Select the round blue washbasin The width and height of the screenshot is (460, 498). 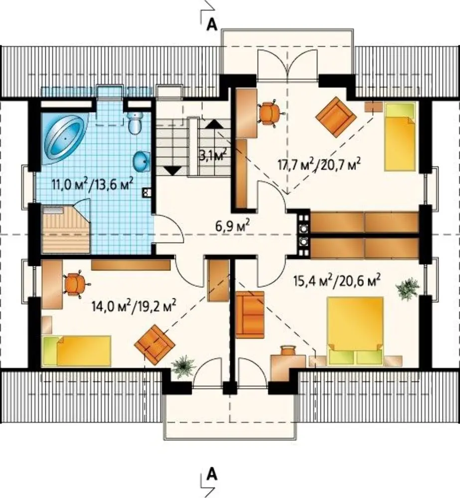coord(142,161)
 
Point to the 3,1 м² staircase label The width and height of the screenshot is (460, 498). coord(213,155)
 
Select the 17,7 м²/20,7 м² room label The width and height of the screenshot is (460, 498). coord(319,164)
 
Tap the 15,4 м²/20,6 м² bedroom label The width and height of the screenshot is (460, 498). coord(336,281)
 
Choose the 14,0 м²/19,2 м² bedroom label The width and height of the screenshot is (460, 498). coord(134,306)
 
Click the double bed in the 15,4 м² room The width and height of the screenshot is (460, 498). coord(355,331)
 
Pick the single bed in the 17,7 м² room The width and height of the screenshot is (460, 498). coord(400,136)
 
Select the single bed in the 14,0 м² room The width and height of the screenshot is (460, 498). coord(76,351)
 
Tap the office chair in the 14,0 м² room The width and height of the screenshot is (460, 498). coord(76,283)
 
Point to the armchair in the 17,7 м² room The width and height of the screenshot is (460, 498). coord(336,117)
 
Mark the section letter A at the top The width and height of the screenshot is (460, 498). coord(212,24)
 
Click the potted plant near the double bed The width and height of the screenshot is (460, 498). coord(407,288)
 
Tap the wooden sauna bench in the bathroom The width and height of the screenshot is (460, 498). coord(66,229)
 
